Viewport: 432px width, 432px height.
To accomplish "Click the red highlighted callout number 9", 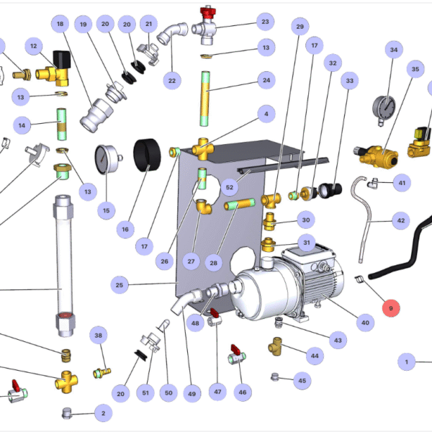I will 391,308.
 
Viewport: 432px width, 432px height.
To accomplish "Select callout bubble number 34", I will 393,50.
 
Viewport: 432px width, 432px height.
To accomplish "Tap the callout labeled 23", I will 265,22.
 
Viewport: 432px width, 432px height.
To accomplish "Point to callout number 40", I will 365,323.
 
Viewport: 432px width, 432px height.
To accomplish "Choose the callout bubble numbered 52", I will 230,187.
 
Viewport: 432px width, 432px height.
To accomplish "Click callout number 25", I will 120,285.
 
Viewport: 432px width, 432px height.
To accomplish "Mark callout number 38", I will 99,336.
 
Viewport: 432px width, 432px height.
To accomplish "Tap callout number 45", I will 302,380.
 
